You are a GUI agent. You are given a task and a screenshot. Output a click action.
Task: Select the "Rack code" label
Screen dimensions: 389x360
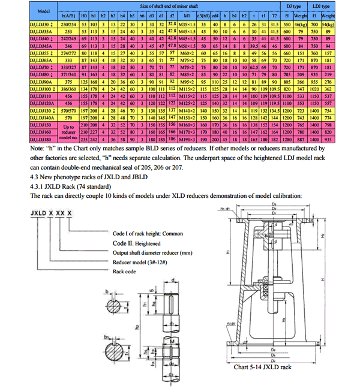click(125, 271)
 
